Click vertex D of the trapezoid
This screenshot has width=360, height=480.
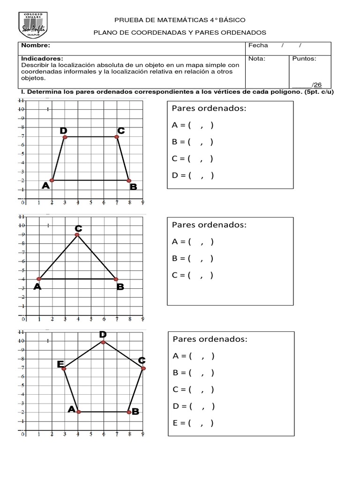coord(65,137)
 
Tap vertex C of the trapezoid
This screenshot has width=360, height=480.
coord(117,137)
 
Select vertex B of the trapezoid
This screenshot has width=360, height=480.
coord(129,180)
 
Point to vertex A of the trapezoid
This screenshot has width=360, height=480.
coord(52,180)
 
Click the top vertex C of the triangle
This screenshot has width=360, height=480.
coord(77,235)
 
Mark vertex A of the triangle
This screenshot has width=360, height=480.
coord(39,279)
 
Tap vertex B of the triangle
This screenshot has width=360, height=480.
coord(116,279)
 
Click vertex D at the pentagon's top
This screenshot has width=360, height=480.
coord(103,342)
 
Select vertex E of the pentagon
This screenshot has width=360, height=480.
coord(64,369)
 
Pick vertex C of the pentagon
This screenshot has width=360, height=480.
coord(143,368)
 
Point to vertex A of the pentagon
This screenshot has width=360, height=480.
coord(78,412)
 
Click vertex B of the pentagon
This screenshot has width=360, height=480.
coord(128,412)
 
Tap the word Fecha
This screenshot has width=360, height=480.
coord(258,45)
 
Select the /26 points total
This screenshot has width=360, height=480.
coord(316,84)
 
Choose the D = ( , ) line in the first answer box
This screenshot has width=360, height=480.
coord(193,175)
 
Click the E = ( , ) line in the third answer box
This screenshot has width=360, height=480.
coord(193,423)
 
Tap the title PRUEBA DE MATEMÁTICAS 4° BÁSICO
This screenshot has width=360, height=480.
coord(180,20)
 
